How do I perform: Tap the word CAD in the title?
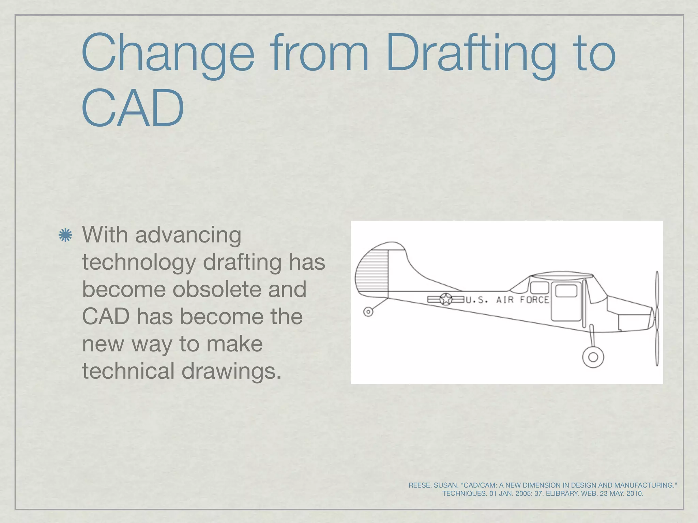tap(133, 109)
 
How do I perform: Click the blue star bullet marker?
tap(65, 236)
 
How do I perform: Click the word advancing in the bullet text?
tap(188, 236)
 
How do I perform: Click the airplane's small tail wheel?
tap(368, 312)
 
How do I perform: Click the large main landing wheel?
tap(593, 357)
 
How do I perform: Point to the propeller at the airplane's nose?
tap(657, 318)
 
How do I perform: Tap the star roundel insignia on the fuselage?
tap(445, 299)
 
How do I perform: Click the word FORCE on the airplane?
tap(534, 300)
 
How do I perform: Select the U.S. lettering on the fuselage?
tap(477, 300)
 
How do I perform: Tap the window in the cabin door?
tap(566, 291)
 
